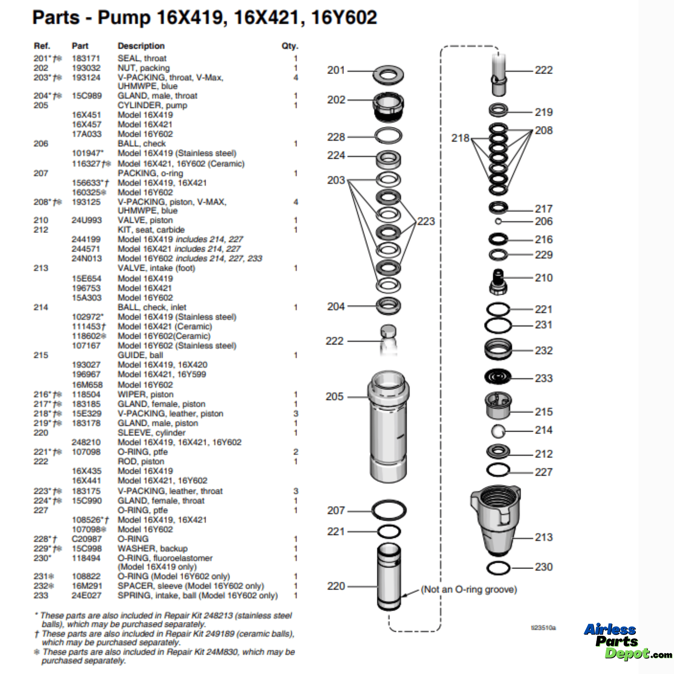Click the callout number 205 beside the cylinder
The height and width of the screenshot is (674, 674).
(334, 397)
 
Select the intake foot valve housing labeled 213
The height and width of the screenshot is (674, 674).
(495, 520)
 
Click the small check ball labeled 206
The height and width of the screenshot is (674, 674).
(498, 221)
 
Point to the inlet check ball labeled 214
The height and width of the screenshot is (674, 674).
(498, 431)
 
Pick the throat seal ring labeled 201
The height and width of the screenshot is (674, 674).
(388, 74)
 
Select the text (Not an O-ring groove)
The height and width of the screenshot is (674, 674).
(469, 589)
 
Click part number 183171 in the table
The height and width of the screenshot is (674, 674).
(86, 58)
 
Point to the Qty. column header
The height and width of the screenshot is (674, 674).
(290, 46)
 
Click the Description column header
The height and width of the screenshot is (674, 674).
(141, 46)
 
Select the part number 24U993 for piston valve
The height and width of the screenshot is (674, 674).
(87, 220)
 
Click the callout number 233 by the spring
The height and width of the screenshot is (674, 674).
(544, 378)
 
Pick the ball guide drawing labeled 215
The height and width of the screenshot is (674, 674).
(498, 405)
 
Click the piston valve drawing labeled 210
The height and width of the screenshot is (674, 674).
(498, 281)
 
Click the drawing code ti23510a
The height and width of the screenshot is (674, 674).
(543, 628)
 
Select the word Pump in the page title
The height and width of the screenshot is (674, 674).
(124, 17)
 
